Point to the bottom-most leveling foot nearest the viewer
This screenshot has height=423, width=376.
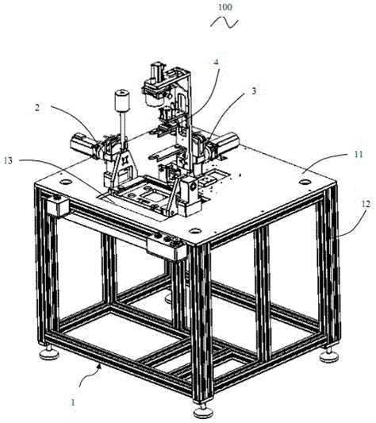[205, 408]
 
